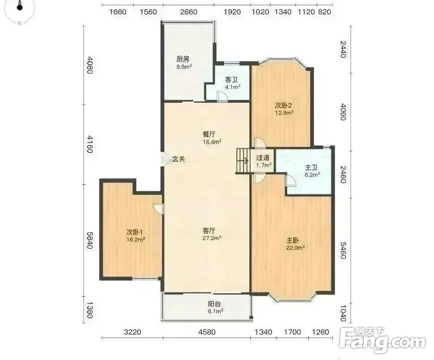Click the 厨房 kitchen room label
coord(183,59)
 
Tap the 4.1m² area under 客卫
coord(232,87)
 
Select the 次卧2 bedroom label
coord(283,105)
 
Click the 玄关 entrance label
coord(178,159)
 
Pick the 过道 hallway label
coord(262,158)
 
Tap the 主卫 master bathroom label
coord(311,168)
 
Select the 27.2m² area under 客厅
coord(212,238)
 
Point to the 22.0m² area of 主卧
coord(295,248)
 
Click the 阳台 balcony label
coord(214,304)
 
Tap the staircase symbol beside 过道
coord(243,161)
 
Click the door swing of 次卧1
coord(159,209)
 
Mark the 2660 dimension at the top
coord(189,12)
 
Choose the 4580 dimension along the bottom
coord(207,332)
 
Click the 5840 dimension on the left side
coord(89,240)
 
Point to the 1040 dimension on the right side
coord(343,313)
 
